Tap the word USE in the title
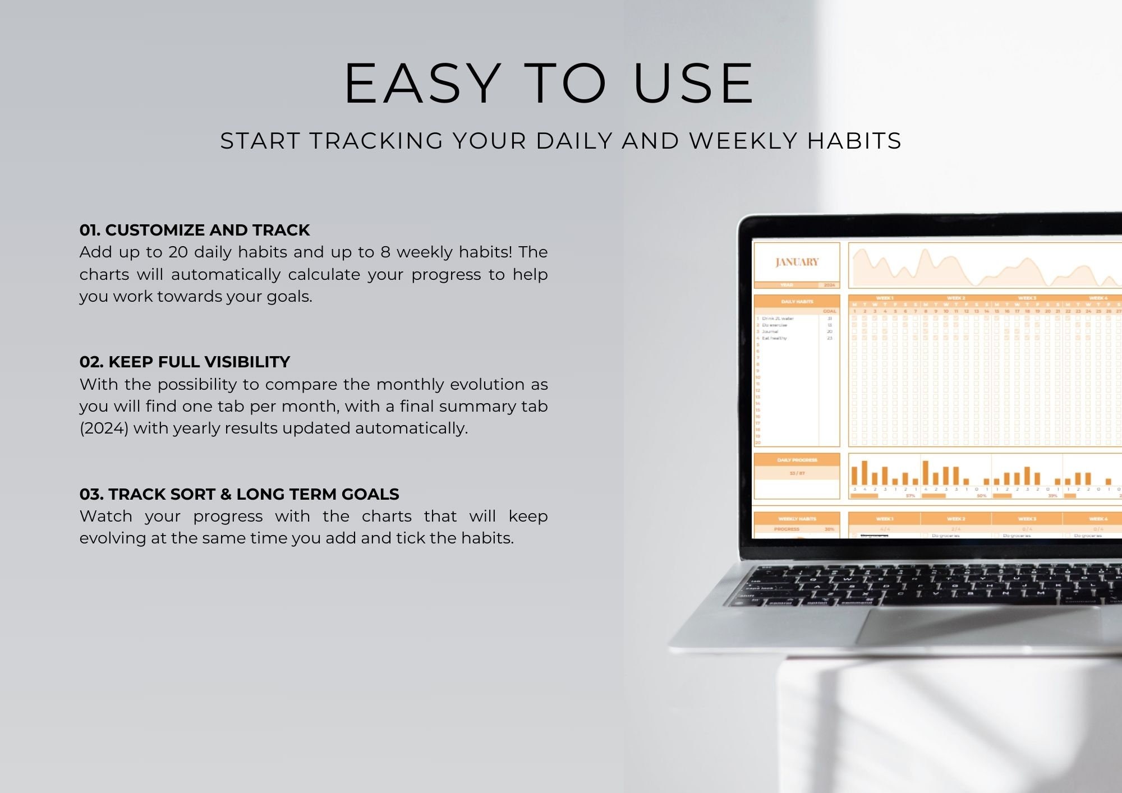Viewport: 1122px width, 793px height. point(693,84)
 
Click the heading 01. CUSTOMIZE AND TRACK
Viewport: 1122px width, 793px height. point(194,230)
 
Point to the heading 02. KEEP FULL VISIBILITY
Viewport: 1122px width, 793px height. point(185,362)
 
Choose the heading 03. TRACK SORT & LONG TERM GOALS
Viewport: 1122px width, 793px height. point(239,494)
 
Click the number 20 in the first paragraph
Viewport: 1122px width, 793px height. point(178,252)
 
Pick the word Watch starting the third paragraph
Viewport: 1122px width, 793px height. point(106,516)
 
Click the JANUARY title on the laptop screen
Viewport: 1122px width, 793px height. point(797,262)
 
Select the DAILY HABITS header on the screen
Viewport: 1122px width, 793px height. point(797,302)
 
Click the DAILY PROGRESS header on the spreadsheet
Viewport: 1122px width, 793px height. point(797,460)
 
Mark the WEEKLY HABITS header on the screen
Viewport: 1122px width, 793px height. point(797,519)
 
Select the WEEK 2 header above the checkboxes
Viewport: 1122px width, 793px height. point(955,298)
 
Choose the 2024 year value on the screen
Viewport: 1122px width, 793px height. point(829,285)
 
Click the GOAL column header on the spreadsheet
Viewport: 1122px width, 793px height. point(829,311)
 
